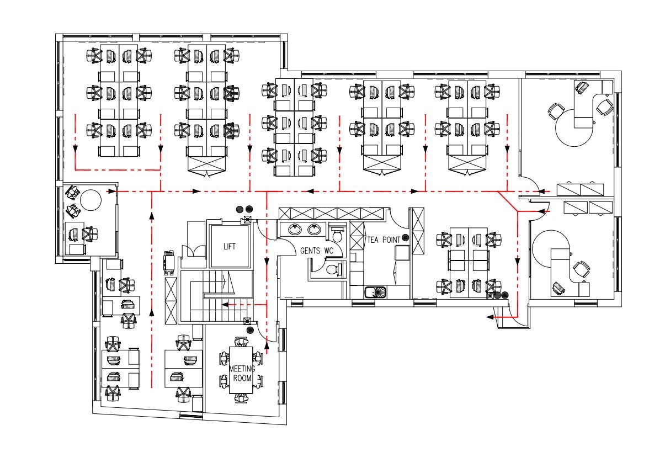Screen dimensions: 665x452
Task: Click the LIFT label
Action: click(230, 246)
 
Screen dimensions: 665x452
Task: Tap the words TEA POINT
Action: click(384, 240)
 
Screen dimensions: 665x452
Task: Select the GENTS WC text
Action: click(317, 251)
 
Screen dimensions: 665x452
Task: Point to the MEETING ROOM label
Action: click(242, 373)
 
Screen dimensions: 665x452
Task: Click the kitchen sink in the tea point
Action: click(376, 293)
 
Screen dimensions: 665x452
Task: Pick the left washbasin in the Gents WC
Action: click(295, 229)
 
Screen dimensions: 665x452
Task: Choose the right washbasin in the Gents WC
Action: click(314, 229)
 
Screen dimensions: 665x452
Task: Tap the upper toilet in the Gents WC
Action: click(337, 234)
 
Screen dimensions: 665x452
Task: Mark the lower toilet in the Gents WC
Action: click(333, 269)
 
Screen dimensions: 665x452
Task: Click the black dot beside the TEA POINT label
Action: click(405, 237)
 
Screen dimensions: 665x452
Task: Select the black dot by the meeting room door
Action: click(250, 329)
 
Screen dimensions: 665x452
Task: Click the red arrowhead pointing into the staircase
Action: click(225, 305)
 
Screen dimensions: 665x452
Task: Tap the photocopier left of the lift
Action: click(169, 263)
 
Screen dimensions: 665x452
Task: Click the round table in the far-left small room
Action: click(91, 200)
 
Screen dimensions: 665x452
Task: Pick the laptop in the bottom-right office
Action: click(558, 288)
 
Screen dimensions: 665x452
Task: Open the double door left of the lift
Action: click(194, 251)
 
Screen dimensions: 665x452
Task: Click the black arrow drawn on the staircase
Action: click(228, 283)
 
